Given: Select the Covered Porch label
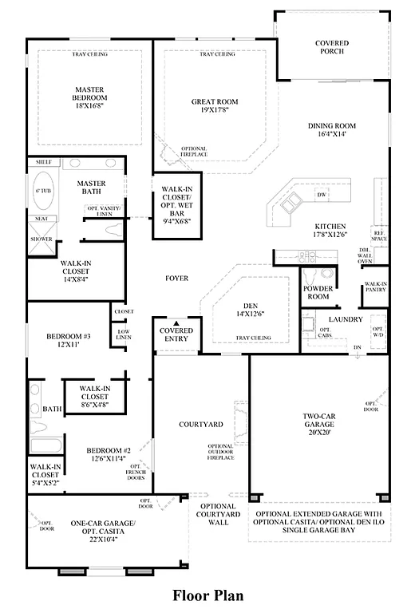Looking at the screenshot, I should tap(332, 49).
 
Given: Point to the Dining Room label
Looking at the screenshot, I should tap(332, 126).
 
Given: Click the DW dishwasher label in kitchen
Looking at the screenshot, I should tap(322, 195).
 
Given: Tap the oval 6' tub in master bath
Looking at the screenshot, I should tap(42, 192).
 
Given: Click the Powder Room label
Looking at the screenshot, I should tap(318, 292).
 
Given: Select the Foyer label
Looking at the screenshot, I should tap(176, 279).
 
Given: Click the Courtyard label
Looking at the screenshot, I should tap(194, 425).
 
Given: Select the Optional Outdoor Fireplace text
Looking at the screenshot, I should tap(221, 452).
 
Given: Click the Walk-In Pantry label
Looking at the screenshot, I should tap(375, 288).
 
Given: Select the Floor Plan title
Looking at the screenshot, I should tap(207, 595).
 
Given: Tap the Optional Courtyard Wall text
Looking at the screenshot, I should tap(218, 516).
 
